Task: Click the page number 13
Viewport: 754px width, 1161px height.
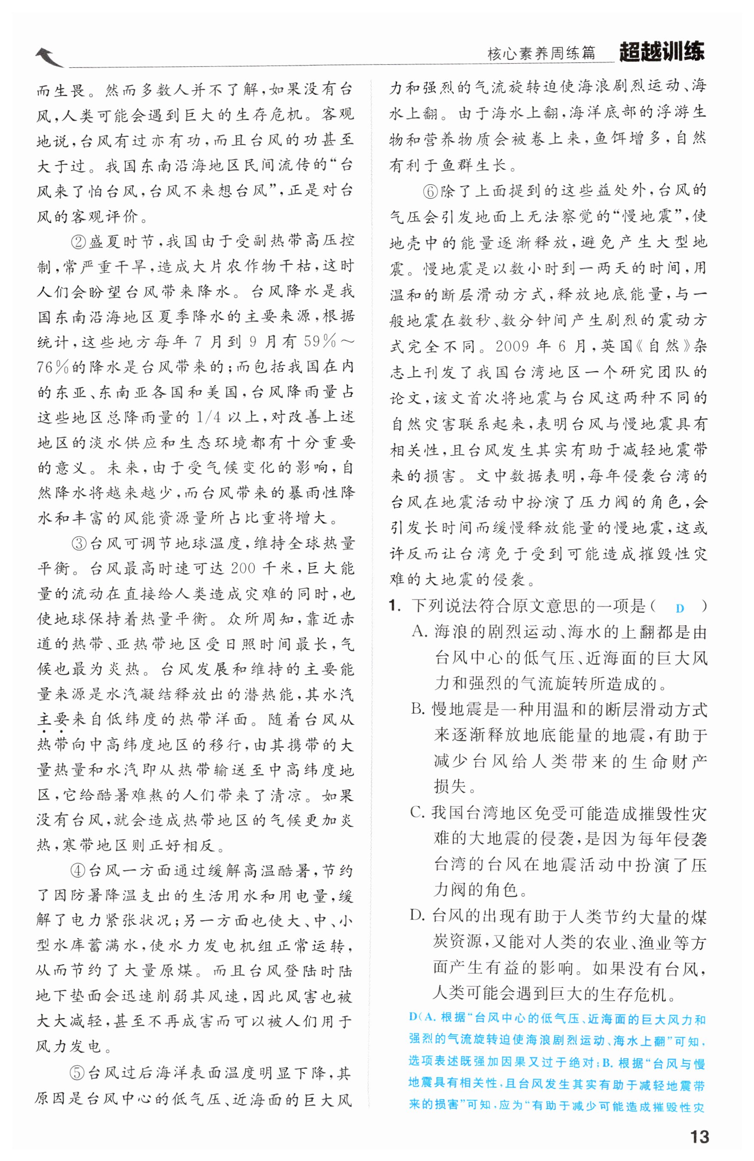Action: pos(699,1137)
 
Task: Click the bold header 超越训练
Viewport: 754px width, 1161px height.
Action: pos(661,52)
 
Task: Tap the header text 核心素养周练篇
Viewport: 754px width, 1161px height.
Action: pos(541,53)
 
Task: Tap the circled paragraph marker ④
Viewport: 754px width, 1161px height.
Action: pos(78,870)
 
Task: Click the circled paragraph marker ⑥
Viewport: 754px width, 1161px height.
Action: pos(430,191)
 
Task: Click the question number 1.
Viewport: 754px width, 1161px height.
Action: pos(394,606)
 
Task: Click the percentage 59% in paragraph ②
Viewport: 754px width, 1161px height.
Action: pos(320,341)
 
